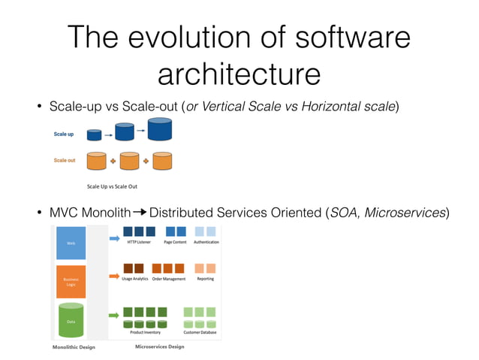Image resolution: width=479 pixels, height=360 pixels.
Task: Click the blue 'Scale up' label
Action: [64, 134]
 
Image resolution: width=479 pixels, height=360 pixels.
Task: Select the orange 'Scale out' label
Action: [64, 160]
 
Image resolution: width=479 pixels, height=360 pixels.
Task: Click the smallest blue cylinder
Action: [94, 135]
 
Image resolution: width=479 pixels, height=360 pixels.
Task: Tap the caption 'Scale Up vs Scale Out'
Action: [112, 186]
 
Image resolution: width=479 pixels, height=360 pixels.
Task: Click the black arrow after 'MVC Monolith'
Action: [140, 212]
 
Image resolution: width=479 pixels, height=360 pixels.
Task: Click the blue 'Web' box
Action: [71, 243]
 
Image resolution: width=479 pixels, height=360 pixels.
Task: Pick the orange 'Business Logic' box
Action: [71, 281]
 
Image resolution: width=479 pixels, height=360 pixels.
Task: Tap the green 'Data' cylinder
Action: [71, 321]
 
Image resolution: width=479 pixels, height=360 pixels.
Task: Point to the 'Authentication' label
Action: [206, 242]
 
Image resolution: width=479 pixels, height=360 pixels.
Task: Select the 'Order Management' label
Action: [168, 279]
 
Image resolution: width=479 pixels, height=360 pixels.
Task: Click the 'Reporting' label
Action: [205, 279]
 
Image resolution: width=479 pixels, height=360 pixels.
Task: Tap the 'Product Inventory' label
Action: [145, 331]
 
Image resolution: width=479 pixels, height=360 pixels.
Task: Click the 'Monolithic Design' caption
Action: [73, 348]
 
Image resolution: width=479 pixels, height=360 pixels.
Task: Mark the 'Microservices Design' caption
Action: [159, 347]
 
